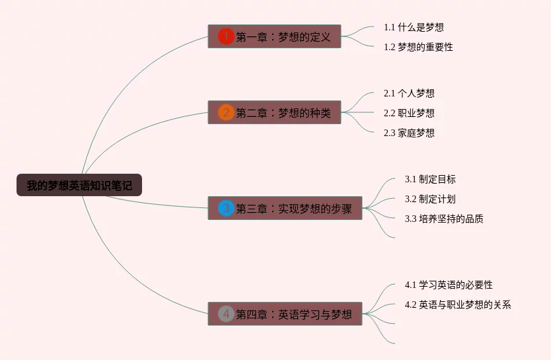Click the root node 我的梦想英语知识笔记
[79, 186]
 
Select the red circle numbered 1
[226, 36]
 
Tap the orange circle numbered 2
[226, 112]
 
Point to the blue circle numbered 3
[226, 209]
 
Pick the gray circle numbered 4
[226, 314]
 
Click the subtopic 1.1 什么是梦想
[414, 27]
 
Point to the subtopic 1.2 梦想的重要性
[418, 47]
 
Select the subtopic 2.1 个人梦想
[409, 93]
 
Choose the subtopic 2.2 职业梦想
[409, 113]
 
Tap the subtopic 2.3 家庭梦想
[409, 133]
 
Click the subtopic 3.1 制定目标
[430, 179]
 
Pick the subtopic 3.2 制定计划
[430, 199]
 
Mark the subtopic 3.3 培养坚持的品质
[444, 219]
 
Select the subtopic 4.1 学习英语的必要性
[449, 285]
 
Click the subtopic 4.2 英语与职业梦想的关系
[458, 305]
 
